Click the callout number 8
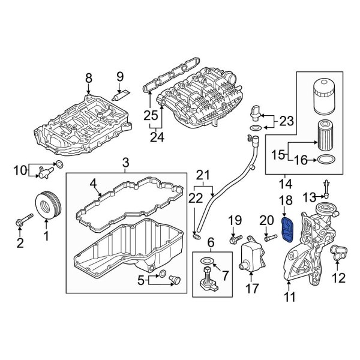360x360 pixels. pyautogui.click(x=89, y=77)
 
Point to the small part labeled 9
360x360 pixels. pyautogui.click(x=124, y=92)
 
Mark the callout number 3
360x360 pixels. pyautogui.click(x=125, y=162)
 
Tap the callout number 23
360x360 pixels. pyautogui.click(x=284, y=122)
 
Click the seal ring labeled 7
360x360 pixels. pyautogui.click(x=206, y=260)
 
